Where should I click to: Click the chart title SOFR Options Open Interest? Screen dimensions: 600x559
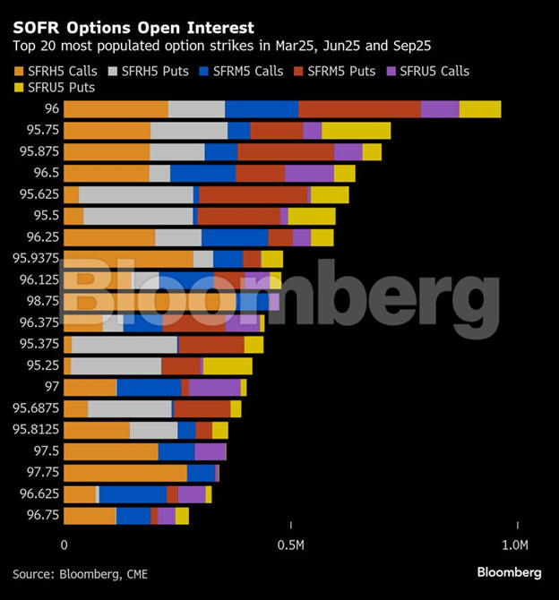tap(133, 29)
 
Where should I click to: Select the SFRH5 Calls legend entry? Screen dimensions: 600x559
tap(56, 71)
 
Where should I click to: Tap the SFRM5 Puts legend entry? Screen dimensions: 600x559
tap(336, 71)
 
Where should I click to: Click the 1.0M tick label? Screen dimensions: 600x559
tap(514, 544)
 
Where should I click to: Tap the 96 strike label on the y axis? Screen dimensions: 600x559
tap(52, 109)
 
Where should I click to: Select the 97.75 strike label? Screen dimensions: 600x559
tap(43, 472)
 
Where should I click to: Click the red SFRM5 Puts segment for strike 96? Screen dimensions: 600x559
tap(359, 109)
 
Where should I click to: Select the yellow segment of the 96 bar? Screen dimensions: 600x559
tap(480, 109)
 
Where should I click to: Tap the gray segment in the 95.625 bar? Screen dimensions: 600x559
tap(135, 194)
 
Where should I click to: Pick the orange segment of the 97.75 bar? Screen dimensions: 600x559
tap(125, 472)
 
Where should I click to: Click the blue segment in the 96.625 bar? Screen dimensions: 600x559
tap(133, 494)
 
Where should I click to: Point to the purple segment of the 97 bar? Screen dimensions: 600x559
tap(214, 387)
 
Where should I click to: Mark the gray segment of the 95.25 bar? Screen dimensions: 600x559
tap(116, 365)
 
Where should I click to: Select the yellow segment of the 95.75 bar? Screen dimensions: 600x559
tap(356, 131)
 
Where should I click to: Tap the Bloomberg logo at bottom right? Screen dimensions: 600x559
tap(508, 572)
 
